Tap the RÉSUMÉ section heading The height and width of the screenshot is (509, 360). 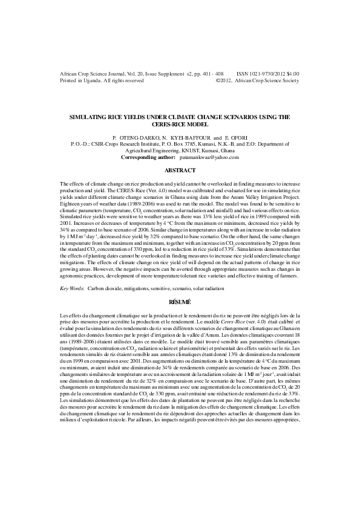pyautogui.click(x=180, y=301)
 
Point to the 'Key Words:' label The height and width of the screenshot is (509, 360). pyautogui.click(x=72, y=289)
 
